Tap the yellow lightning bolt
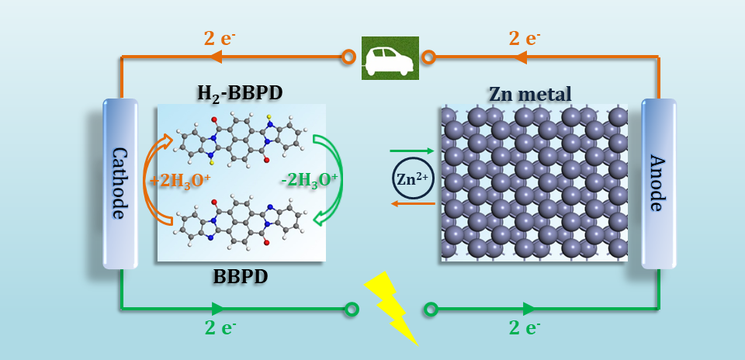[x=390, y=309]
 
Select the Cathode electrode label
[x=120, y=183]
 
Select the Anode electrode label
[x=658, y=183]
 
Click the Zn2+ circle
[x=412, y=178]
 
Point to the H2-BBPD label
[x=240, y=94]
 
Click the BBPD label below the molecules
[x=240, y=277]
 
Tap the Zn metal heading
[x=530, y=94]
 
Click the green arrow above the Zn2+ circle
[x=412, y=151]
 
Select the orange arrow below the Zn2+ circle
[x=412, y=204]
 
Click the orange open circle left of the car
[x=348, y=57]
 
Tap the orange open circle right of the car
[x=428, y=57]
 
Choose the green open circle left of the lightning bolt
[x=351, y=310]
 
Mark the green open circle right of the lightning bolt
[x=431, y=310]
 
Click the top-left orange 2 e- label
[x=220, y=38]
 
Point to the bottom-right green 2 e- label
[x=525, y=327]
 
